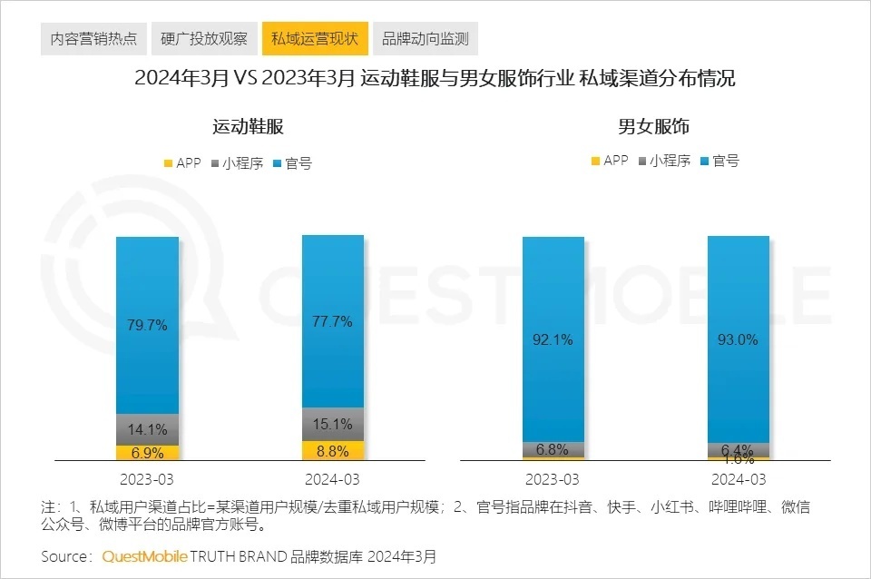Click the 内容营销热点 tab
(93, 39)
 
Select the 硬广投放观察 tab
(203, 39)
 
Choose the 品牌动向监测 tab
(425, 39)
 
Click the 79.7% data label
(148, 325)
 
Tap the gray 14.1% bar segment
(148, 429)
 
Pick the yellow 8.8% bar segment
(333, 449)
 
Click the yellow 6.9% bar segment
(148, 452)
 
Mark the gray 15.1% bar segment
(333, 424)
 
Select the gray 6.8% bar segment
(553, 449)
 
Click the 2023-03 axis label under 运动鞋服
(148, 478)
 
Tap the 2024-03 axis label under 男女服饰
(739, 478)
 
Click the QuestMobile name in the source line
(144, 555)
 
